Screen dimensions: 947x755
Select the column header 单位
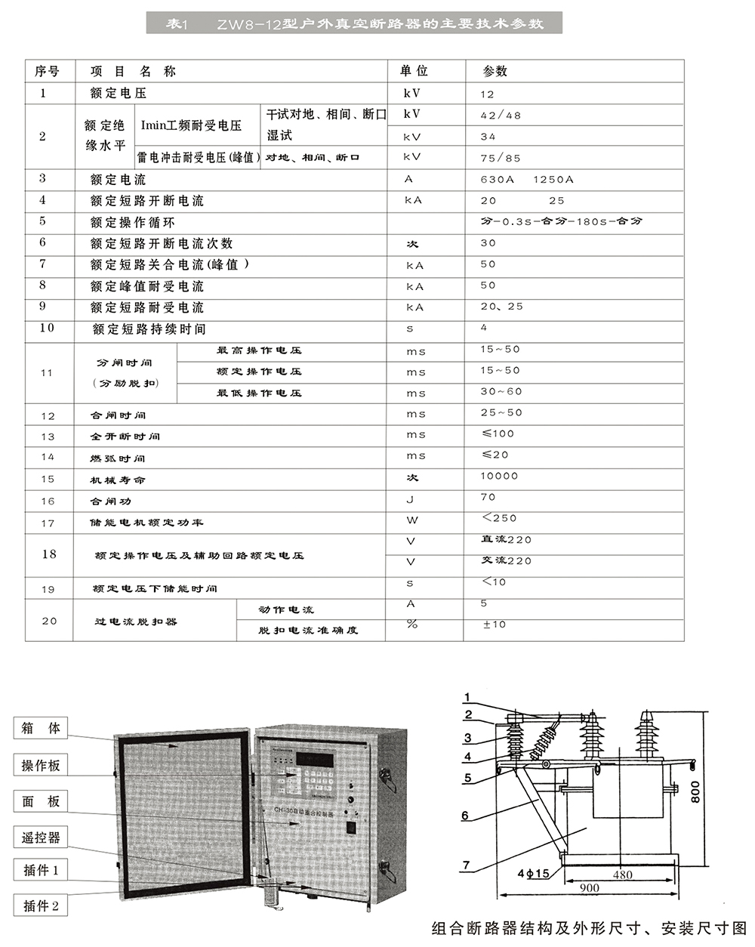[414, 71]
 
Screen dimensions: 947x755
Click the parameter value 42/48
[501, 116]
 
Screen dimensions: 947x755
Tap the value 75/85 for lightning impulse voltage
[501, 158]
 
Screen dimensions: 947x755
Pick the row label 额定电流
[118, 180]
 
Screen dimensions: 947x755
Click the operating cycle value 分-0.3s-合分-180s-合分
[561, 222]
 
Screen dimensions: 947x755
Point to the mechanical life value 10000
[499, 477]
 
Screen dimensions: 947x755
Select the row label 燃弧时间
[118, 458]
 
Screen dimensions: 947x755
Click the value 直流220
[506, 540]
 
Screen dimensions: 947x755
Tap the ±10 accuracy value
[495, 625]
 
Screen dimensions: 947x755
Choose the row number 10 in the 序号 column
[47, 329]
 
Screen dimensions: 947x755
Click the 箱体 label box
[41, 729]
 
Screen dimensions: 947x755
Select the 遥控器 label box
[41, 837]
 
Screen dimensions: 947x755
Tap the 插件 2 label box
[41, 905]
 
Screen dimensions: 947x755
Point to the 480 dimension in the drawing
[622, 875]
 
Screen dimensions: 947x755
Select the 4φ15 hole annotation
[534, 874]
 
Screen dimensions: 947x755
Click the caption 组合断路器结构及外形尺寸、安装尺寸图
[588, 928]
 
